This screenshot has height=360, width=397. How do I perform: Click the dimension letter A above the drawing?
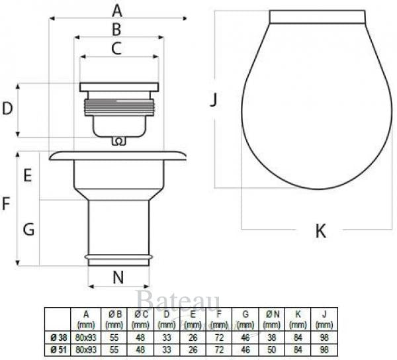pos(117,11)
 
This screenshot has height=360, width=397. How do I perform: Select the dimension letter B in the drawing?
pos(116,29)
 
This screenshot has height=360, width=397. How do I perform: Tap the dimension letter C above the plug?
pos(116,48)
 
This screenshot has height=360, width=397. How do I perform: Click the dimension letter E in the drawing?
pos(28,176)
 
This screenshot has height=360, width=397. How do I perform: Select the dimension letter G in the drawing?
pos(28,230)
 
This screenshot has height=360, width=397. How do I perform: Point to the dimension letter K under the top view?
pos(320,231)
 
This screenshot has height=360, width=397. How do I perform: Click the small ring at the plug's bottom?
pos(118,141)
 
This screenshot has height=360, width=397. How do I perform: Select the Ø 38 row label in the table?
pos(58,337)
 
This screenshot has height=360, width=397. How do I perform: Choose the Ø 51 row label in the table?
pos(58,349)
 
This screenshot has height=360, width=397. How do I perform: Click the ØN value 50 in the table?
pos(270,349)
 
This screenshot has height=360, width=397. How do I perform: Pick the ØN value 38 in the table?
pos(270,337)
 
